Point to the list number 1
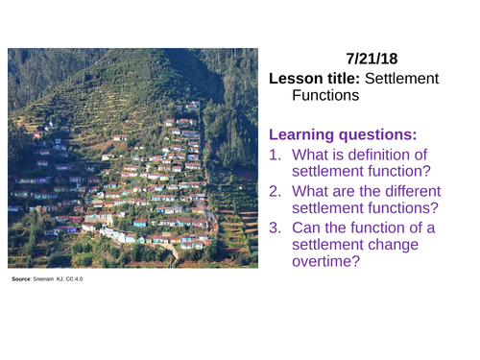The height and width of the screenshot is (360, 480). (x=275, y=154)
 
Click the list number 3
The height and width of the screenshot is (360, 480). (x=275, y=227)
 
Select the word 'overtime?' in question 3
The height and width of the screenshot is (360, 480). (x=325, y=263)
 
